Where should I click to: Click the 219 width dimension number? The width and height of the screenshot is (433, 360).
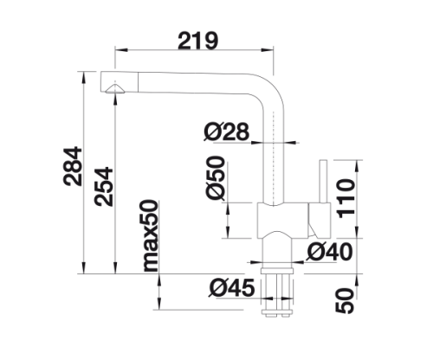pyautogui.click(x=198, y=41)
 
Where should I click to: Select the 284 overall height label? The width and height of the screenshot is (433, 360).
pyautogui.click(x=73, y=166)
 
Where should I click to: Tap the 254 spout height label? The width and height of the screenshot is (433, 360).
pyautogui.click(x=104, y=186)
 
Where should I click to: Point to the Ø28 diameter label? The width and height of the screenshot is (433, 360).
pyautogui.click(x=226, y=132)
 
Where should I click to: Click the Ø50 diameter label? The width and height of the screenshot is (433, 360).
pyautogui.click(x=215, y=177)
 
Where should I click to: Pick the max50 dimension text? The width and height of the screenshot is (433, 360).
pyautogui.click(x=151, y=235)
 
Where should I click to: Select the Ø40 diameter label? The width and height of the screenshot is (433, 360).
pyautogui.click(x=330, y=252)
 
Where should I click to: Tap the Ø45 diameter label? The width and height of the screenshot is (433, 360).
pyautogui.click(x=231, y=287)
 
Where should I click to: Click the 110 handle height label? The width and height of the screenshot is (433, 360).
pyautogui.click(x=346, y=198)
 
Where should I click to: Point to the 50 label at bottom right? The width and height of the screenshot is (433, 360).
pyautogui.click(x=345, y=300)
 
